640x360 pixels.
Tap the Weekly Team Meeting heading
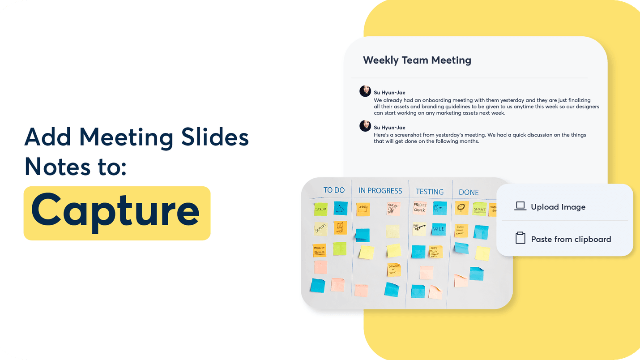[x=417, y=60]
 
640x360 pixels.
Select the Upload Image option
[x=558, y=207]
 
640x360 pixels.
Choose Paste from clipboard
[x=571, y=239]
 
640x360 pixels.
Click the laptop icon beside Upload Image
[x=520, y=206]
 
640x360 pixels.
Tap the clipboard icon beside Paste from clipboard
[x=520, y=238]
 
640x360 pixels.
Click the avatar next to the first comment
[x=365, y=91]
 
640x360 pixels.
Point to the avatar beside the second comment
[x=365, y=126]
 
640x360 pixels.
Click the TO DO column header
[x=334, y=190]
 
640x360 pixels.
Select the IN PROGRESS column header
[x=380, y=191]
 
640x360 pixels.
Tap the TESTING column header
[x=429, y=192]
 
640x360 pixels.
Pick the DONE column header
[x=469, y=193]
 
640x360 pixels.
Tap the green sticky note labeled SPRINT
[x=479, y=209]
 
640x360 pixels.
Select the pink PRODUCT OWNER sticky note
[x=419, y=208]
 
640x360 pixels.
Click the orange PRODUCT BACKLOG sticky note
[x=319, y=250]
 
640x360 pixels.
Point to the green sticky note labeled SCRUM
[x=320, y=209]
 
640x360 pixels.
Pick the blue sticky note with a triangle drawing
[x=341, y=208]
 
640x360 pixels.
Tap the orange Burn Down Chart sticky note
[x=461, y=231]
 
